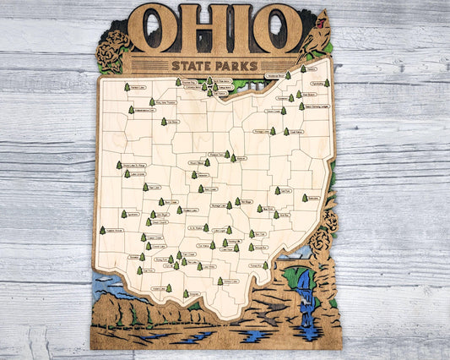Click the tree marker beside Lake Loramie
coord(127,174)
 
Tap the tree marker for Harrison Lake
coord(127,86)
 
